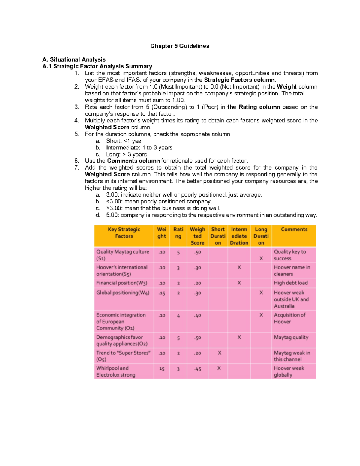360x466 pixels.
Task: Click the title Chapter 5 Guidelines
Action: point(180,46)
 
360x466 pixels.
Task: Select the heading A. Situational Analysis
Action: point(74,59)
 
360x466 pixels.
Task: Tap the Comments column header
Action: point(294,230)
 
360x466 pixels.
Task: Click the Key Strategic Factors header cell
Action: point(124,233)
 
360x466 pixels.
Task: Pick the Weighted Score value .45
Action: point(197,369)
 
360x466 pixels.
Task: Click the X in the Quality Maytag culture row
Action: point(261,258)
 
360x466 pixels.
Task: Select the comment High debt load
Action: point(291,283)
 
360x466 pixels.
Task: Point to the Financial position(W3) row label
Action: point(122,283)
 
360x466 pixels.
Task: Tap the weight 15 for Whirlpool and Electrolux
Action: point(162,369)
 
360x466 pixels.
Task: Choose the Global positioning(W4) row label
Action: point(123,293)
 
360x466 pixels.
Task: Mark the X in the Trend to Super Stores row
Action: point(219,353)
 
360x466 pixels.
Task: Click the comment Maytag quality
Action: point(291,338)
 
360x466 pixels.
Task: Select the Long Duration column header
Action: point(261,236)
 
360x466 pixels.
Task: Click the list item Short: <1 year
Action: point(125,141)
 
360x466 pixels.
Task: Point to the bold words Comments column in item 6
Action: point(133,161)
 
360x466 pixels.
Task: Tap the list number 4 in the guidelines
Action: point(77,121)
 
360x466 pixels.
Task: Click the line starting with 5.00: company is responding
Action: point(211,215)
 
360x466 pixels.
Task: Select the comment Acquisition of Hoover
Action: point(289,318)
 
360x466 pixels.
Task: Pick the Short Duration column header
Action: point(218,236)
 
